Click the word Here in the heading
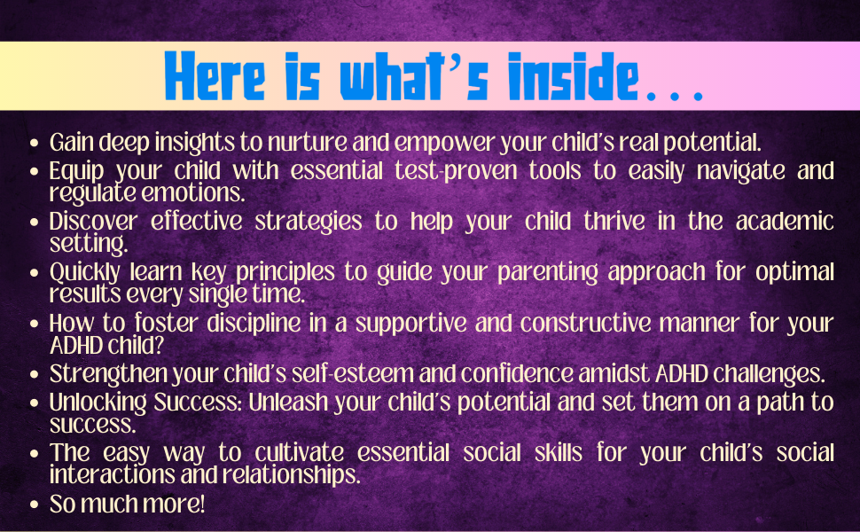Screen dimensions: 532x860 click(x=214, y=78)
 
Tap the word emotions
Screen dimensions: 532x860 click(x=185, y=192)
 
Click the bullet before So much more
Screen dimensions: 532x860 click(x=34, y=505)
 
